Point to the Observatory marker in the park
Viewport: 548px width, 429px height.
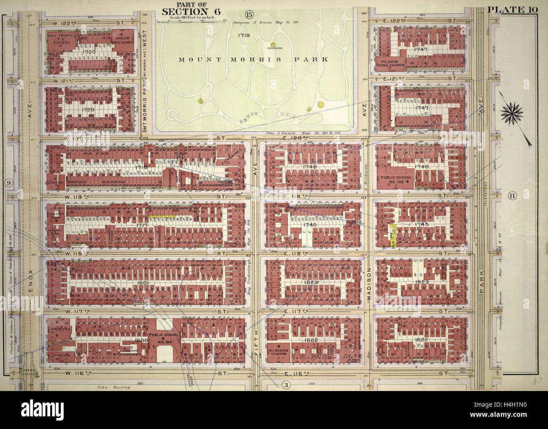[x=273, y=44]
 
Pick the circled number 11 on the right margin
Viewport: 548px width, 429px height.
[x=512, y=195]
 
